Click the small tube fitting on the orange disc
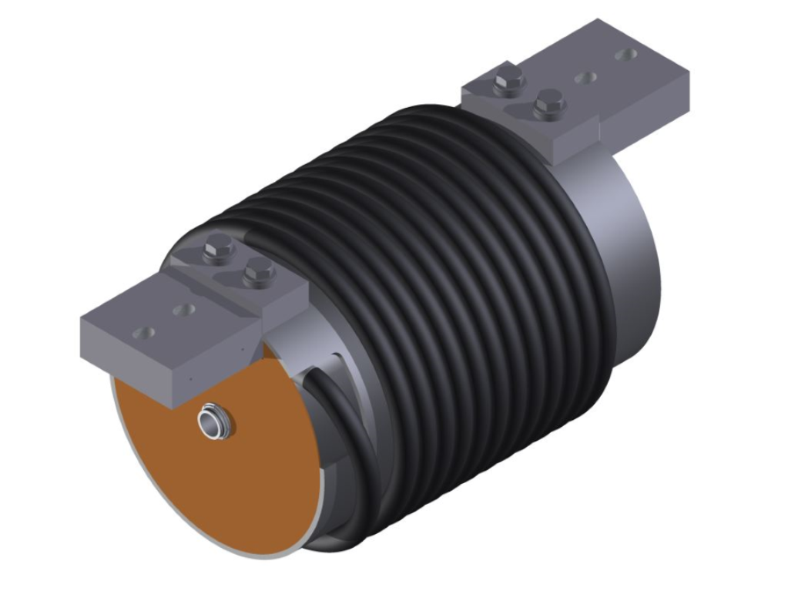pyautogui.click(x=213, y=423)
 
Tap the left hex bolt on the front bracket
pyautogui.click(x=219, y=250)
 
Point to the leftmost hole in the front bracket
pyautogui.click(x=143, y=333)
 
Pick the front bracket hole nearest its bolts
pyautogui.click(x=183, y=310)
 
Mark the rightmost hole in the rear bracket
pyautogui.click(x=629, y=55)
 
